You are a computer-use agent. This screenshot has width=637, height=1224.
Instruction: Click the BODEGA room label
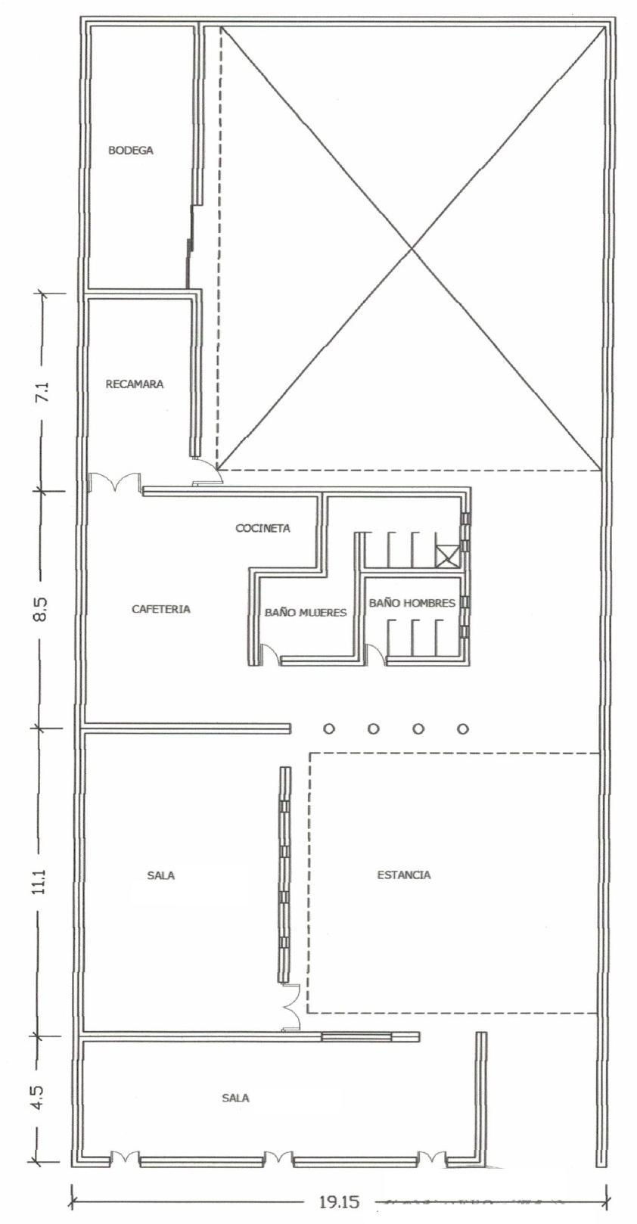tap(131, 151)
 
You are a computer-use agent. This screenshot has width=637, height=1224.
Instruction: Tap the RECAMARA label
tap(135, 384)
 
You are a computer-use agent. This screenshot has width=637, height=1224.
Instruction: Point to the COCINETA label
tap(263, 528)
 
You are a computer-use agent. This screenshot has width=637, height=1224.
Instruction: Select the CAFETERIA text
tap(161, 609)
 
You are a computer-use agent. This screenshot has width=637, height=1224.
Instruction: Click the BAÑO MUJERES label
tap(306, 613)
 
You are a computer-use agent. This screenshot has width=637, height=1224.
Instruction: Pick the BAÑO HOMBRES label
tap(412, 603)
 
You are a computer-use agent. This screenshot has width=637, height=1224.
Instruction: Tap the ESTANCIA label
tap(404, 875)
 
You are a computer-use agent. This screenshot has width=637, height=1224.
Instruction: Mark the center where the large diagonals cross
tap(411, 247)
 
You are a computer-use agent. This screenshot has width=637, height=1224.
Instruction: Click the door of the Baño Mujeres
tap(269, 654)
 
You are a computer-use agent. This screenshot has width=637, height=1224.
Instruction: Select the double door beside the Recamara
tap(115, 481)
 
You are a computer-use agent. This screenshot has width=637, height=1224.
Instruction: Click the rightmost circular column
tap(463, 728)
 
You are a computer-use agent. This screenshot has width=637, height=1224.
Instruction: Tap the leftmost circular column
tap(328, 728)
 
